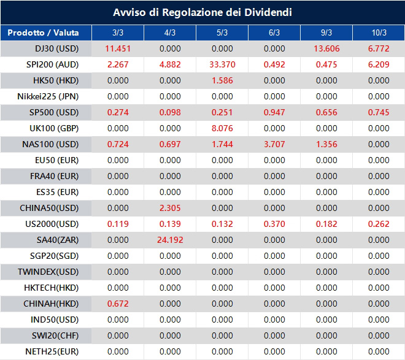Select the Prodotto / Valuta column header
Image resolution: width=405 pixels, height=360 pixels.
coord(44,33)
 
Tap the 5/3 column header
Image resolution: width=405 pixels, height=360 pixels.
coord(222,33)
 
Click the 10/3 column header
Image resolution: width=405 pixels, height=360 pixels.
coord(379,33)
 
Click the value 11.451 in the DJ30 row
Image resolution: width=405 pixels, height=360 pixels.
coord(118,48)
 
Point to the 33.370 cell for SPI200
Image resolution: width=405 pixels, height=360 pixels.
coord(222,64)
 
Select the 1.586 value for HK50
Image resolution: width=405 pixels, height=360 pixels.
coord(222,80)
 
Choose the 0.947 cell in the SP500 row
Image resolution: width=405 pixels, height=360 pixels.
coord(274,112)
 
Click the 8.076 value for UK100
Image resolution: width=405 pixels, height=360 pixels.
coord(222,128)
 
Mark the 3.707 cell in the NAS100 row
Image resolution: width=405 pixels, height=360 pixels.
coord(274,144)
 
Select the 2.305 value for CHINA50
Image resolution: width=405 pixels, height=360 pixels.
coord(170,208)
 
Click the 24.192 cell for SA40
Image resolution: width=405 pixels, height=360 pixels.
coord(170,240)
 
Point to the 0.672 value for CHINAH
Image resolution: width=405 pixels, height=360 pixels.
coord(118,304)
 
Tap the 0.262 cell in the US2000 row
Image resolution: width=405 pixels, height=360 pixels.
coord(379,224)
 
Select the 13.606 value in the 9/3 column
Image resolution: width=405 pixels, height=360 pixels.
coord(326,48)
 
